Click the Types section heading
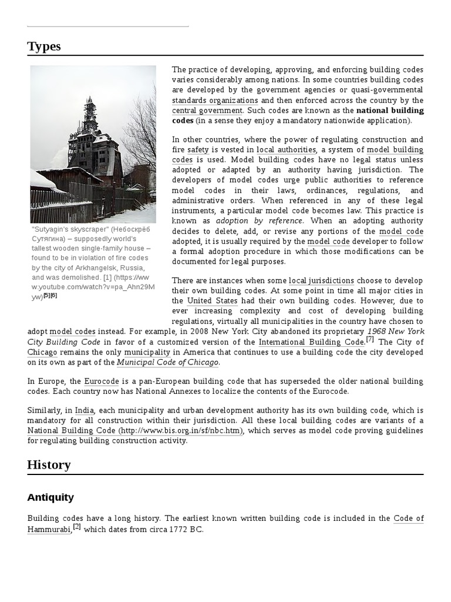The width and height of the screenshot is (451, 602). click(x=43, y=46)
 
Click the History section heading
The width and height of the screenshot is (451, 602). click(x=49, y=465)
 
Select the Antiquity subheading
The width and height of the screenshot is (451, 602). click(x=51, y=497)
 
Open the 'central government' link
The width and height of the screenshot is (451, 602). click(x=207, y=111)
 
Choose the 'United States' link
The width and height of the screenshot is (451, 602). click(x=212, y=301)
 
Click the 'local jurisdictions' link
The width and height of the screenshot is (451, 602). click(x=321, y=281)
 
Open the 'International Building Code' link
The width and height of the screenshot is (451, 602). click(x=311, y=342)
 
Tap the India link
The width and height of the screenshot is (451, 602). click(x=85, y=410)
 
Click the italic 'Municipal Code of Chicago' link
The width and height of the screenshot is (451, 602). click(x=167, y=362)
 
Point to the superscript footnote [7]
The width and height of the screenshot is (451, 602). click(x=370, y=340)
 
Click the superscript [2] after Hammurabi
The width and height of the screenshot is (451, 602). click(x=77, y=527)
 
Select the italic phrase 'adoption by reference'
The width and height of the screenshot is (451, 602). click(x=260, y=220)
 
